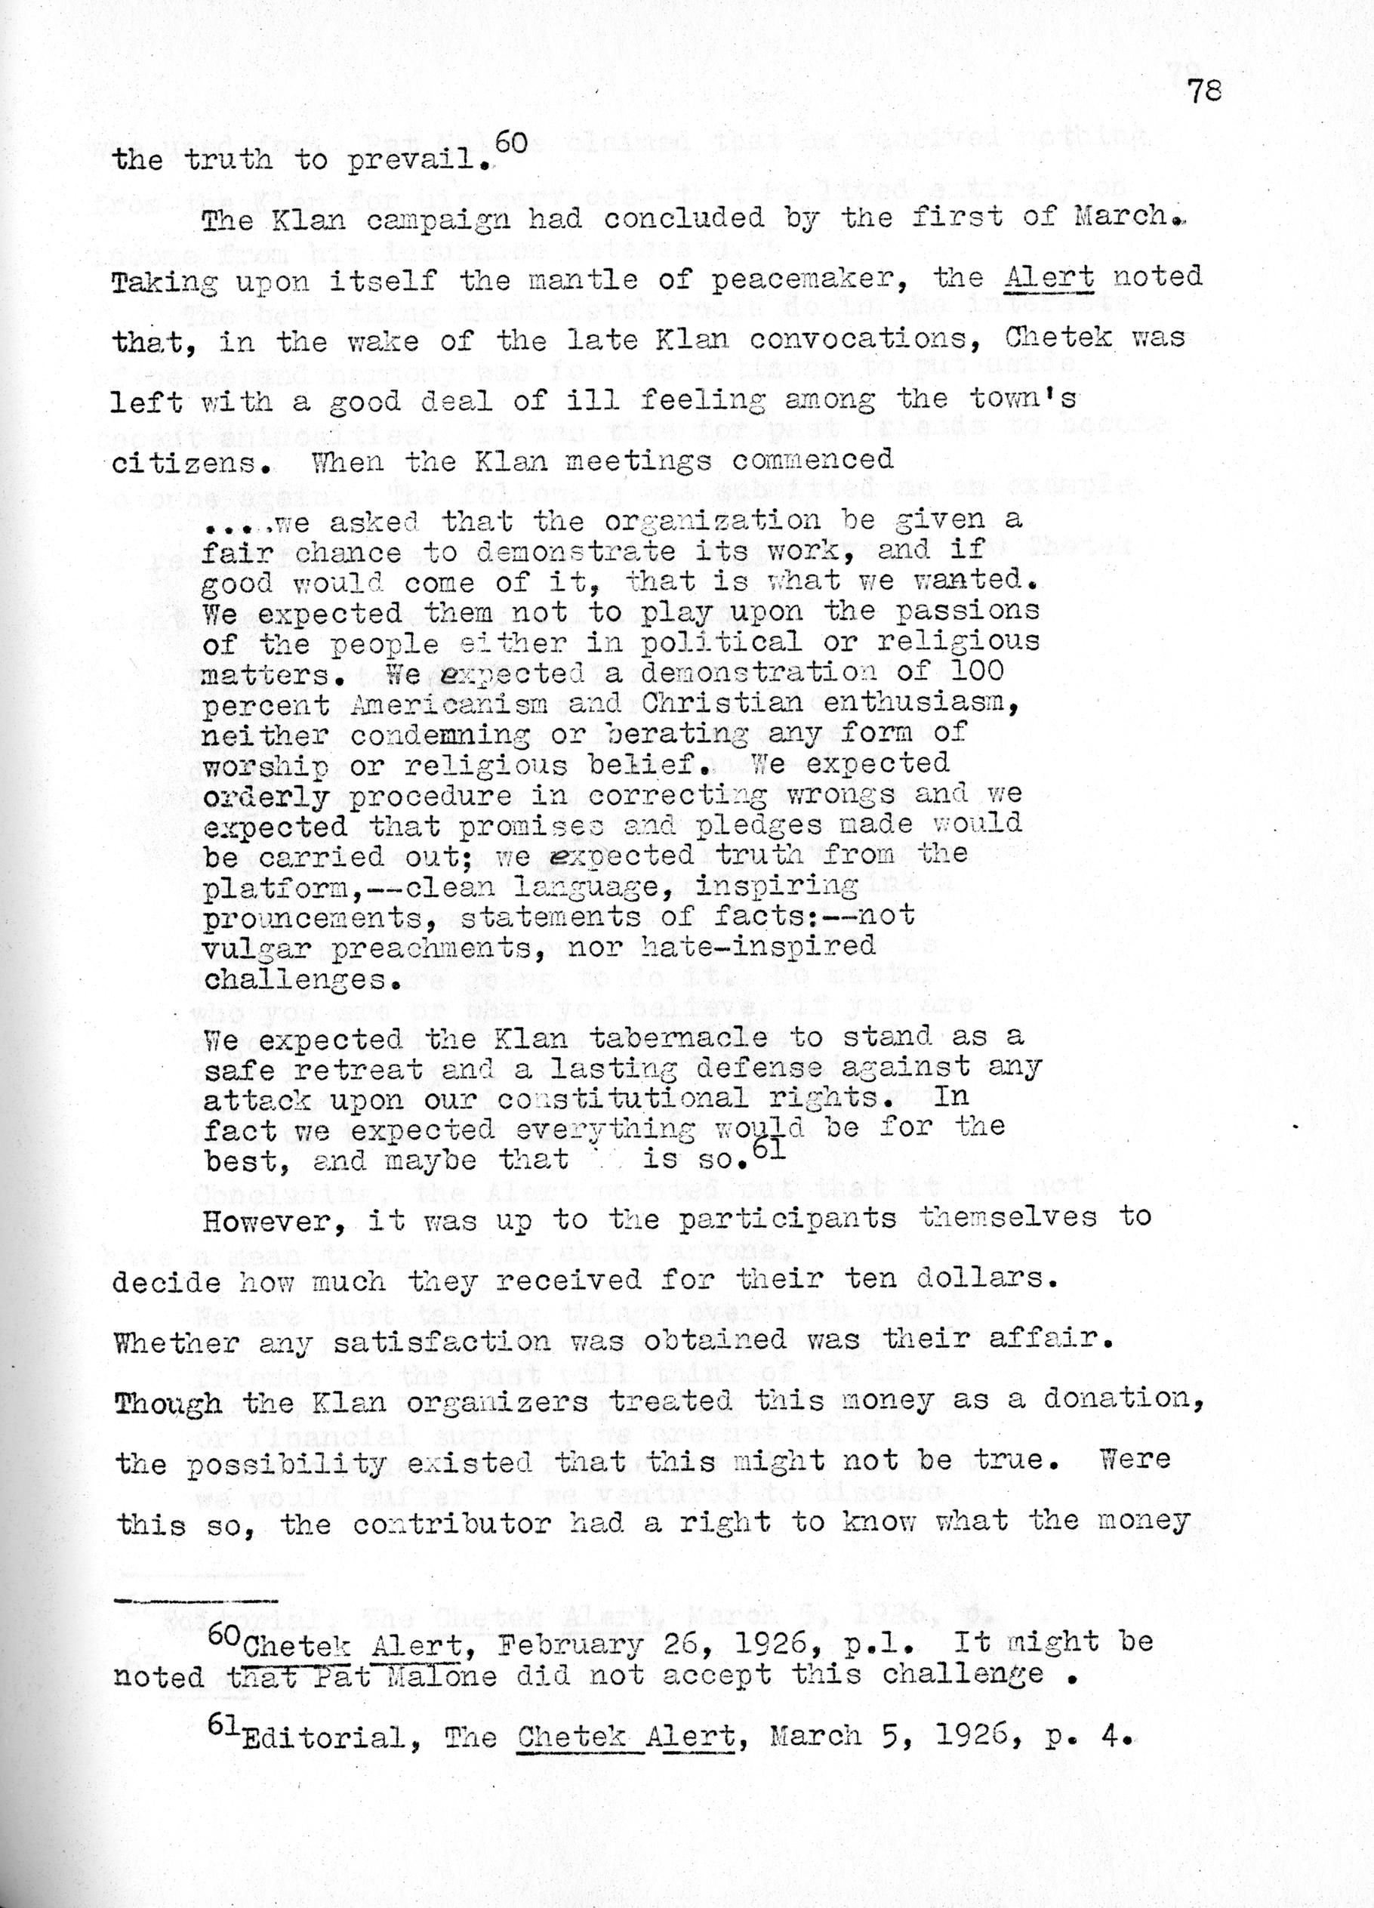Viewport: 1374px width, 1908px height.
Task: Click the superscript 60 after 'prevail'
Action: click(x=511, y=143)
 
